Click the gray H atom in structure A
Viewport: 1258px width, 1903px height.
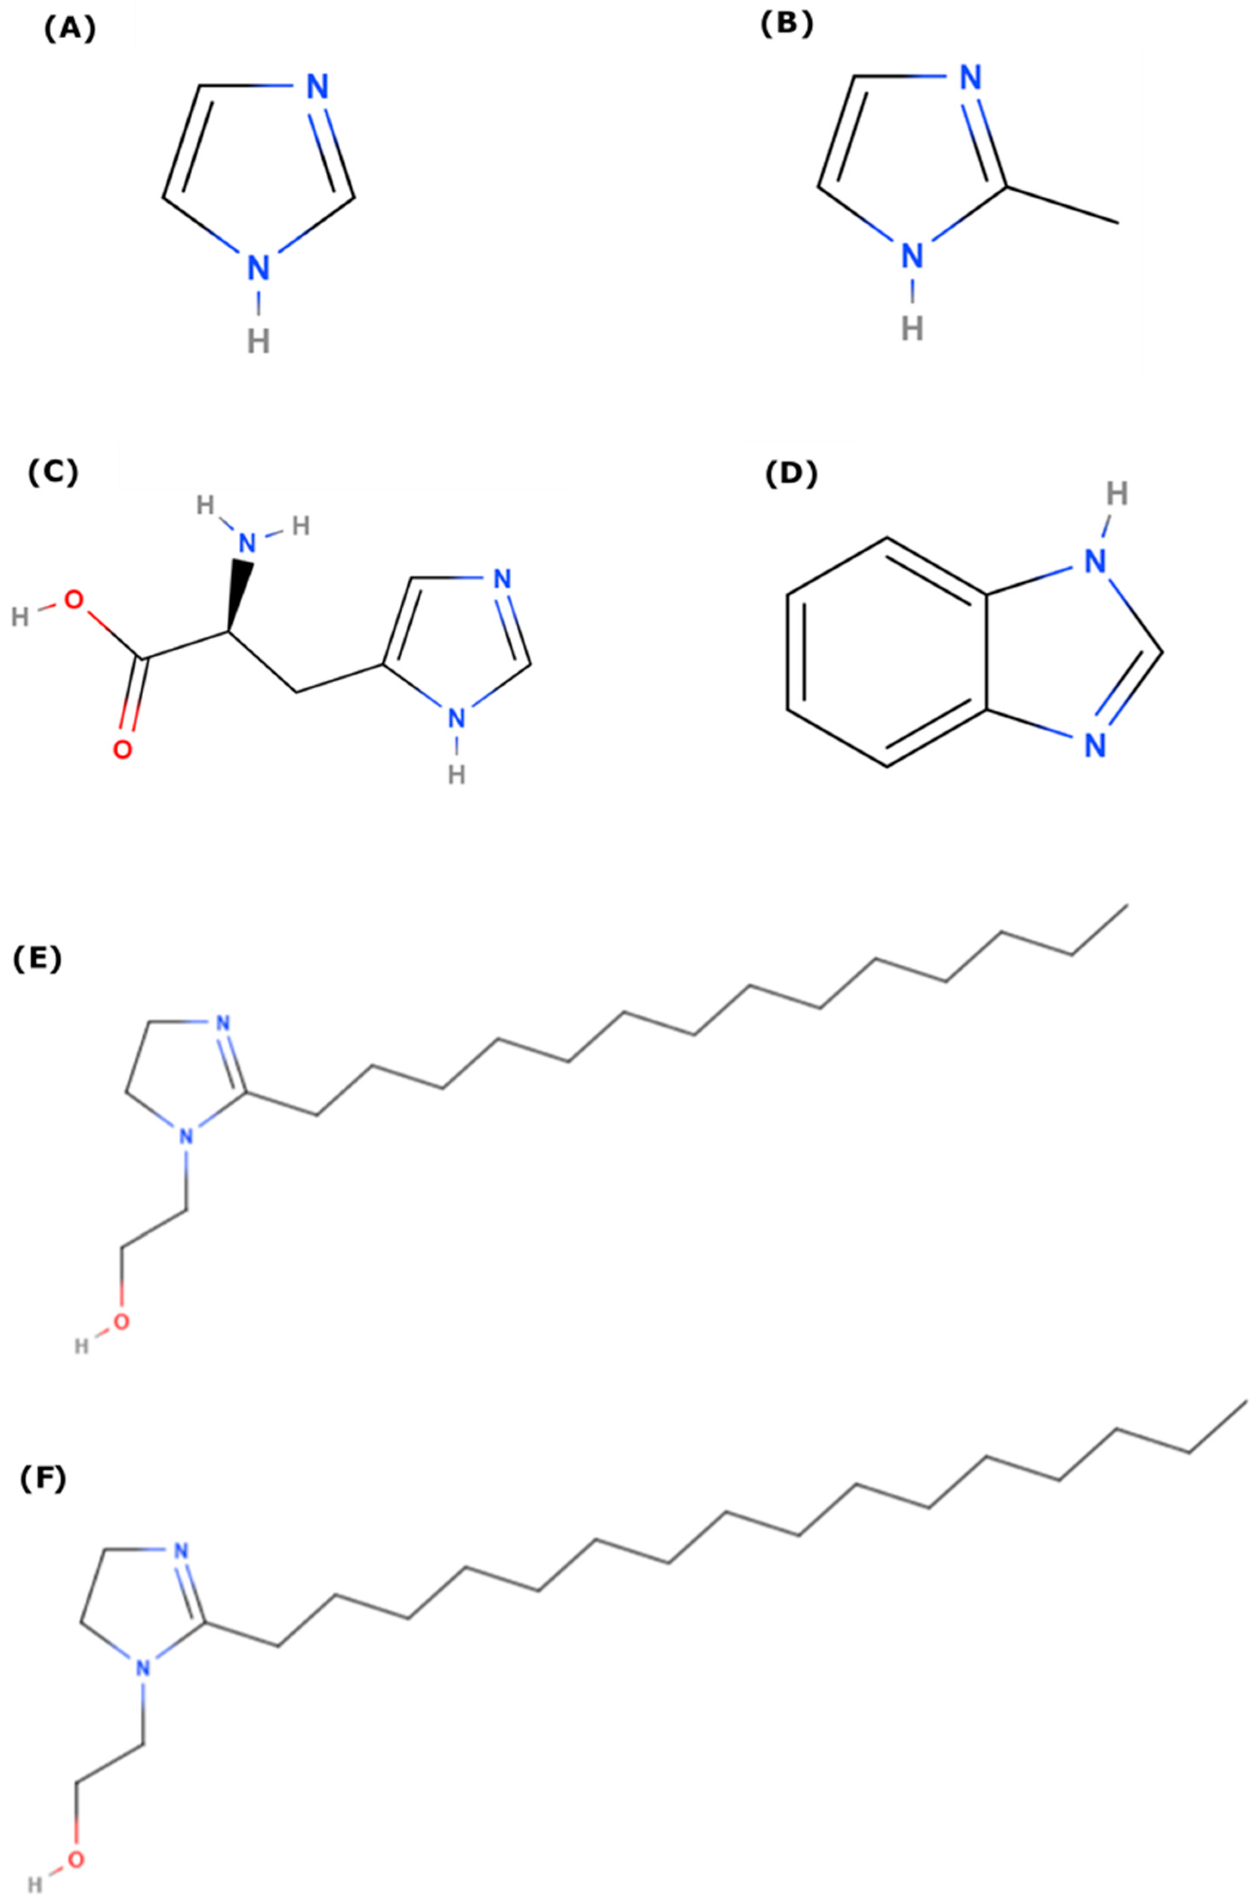[258, 343]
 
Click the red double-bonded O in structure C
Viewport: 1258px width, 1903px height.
[122, 750]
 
